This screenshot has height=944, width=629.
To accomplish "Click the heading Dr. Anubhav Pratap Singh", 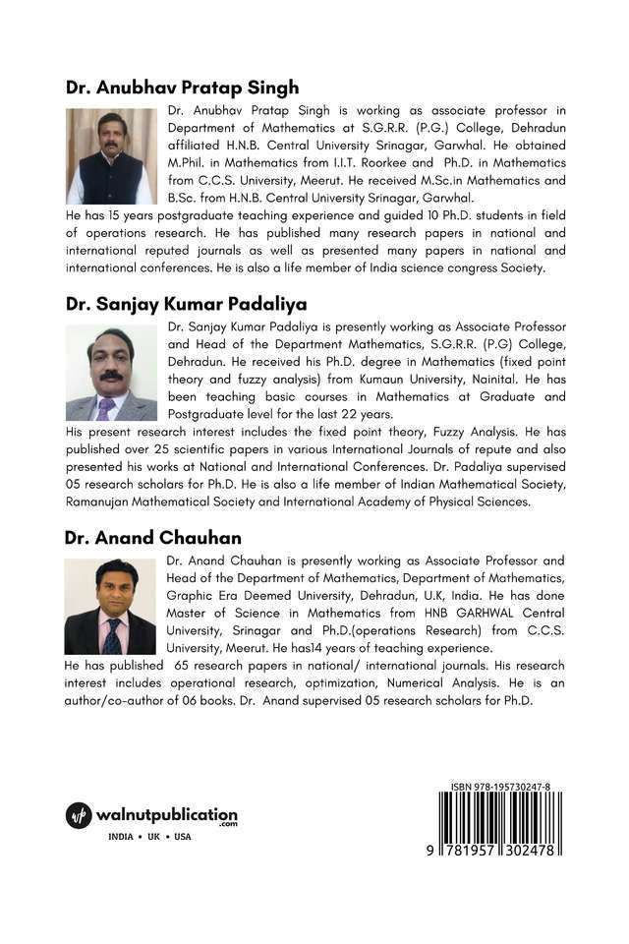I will (x=182, y=88).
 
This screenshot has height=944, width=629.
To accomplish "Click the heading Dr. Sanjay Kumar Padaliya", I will (x=186, y=304).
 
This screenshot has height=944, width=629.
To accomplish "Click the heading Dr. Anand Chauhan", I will (x=152, y=538).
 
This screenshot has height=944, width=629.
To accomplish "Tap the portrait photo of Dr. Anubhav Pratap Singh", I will (x=111, y=156).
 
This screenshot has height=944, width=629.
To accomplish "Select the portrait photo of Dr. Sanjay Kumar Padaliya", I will (x=111, y=373).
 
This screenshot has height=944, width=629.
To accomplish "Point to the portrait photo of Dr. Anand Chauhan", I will (x=110, y=607).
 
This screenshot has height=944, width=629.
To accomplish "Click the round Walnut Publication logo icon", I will (x=79, y=816).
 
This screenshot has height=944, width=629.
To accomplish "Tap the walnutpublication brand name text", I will (x=166, y=816).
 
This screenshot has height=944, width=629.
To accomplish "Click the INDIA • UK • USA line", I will (x=150, y=837).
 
